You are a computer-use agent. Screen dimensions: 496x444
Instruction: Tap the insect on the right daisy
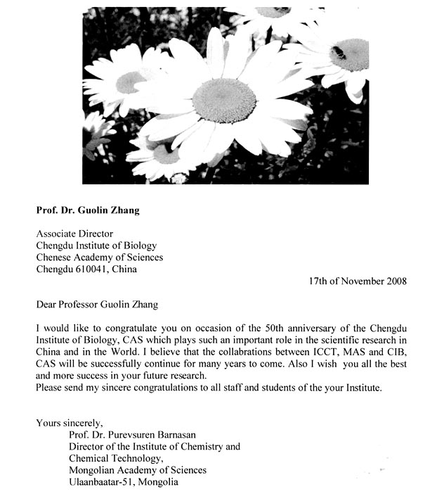click(339, 52)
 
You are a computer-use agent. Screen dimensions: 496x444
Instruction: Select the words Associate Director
click(74, 234)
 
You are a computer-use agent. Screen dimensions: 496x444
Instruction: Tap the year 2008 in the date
click(396, 281)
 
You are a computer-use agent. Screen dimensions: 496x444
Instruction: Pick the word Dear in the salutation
click(47, 305)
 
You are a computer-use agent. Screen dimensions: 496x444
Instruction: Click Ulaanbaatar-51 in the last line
click(102, 482)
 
